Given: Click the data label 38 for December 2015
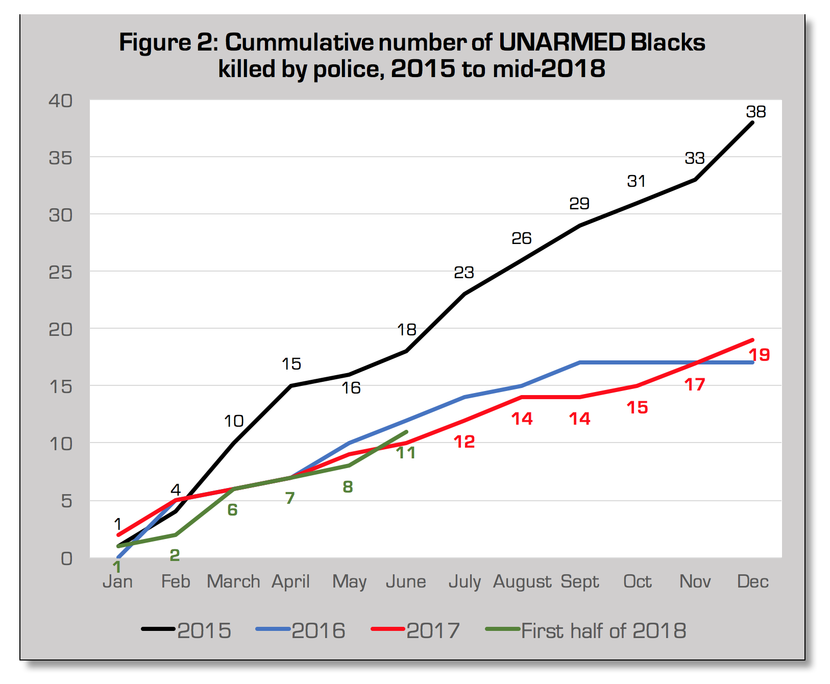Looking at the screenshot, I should pyautogui.click(x=755, y=112).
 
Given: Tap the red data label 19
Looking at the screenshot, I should pyautogui.click(x=759, y=355).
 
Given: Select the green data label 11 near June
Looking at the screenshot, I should pyautogui.click(x=406, y=453).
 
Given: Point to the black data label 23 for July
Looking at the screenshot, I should pyautogui.click(x=463, y=273).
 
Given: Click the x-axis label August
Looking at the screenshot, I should pyautogui.click(x=522, y=581).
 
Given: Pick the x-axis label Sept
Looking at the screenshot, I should pyautogui.click(x=579, y=581).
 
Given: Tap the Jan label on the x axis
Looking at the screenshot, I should pyautogui.click(x=117, y=581).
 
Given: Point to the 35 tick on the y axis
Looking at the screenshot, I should pyautogui.click(x=61, y=158).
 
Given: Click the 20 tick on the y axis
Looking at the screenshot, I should pyautogui.click(x=61, y=330).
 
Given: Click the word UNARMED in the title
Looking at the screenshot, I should pyautogui.click(x=562, y=42).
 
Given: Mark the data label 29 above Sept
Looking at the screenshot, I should pyautogui.click(x=579, y=204).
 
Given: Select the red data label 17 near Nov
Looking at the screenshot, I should pyautogui.click(x=695, y=384).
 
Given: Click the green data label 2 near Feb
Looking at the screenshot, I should pyautogui.click(x=175, y=555).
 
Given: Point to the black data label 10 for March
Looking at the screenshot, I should pyautogui.click(x=234, y=421).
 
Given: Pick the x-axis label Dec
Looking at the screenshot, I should pyautogui.click(x=753, y=581).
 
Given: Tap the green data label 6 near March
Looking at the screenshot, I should pyautogui.click(x=232, y=509).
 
